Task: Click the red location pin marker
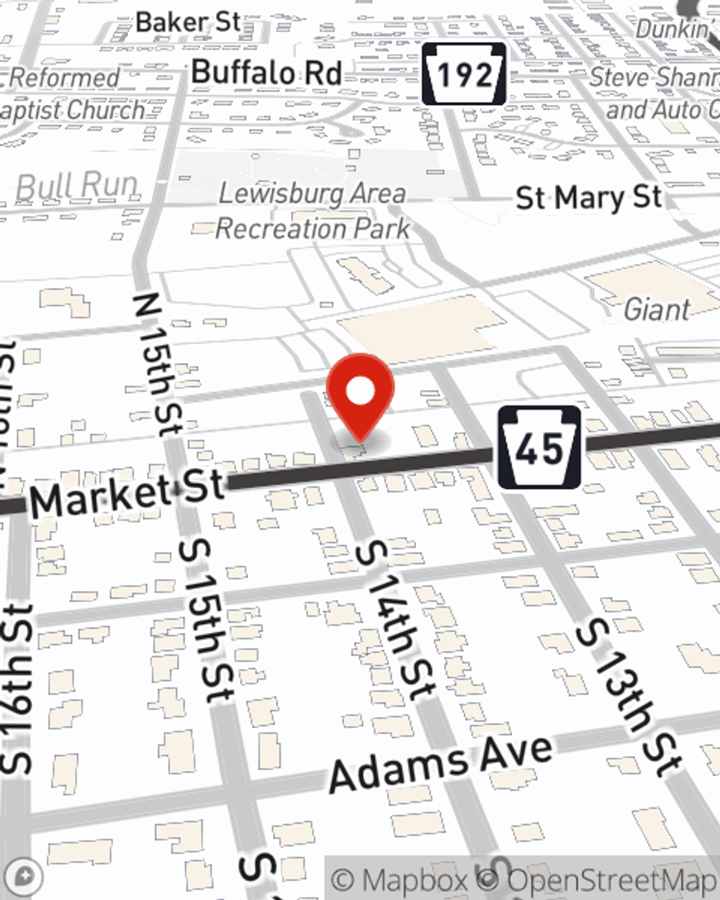(360, 393)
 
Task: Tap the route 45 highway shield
(539, 448)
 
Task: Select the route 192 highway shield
(464, 74)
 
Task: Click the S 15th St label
(206, 620)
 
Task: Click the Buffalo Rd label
(266, 73)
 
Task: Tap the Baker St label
(188, 22)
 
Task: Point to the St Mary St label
(588, 197)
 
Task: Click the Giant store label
(656, 310)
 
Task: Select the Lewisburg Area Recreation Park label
(312, 211)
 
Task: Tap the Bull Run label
(76, 186)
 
